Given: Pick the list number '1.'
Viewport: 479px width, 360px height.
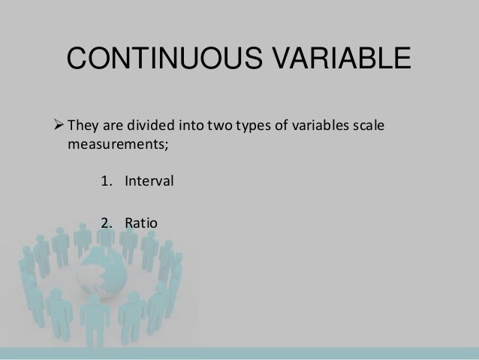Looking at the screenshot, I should (x=105, y=181).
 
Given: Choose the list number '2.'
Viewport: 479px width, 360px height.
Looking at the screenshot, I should (x=105, y=222).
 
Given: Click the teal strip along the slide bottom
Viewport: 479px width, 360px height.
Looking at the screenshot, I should (x=239, y=353).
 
